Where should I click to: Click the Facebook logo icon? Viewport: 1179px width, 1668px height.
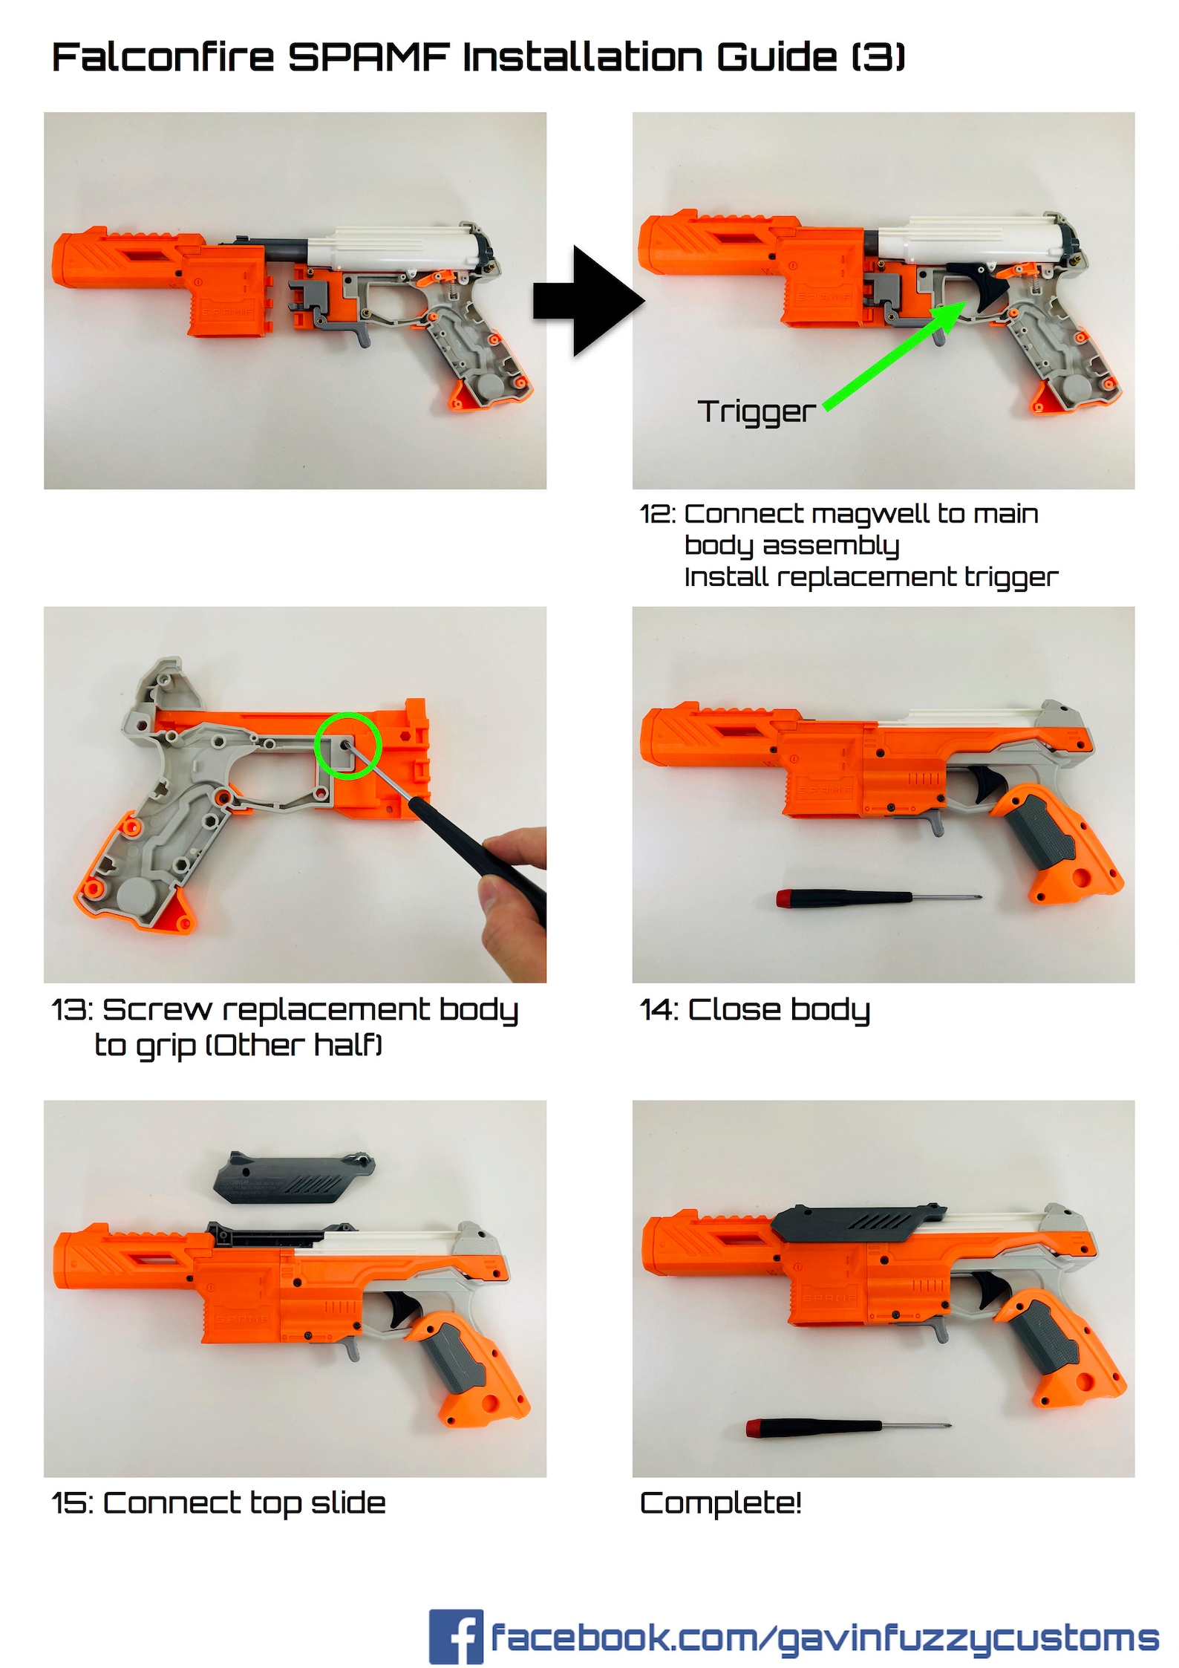[455, 1637]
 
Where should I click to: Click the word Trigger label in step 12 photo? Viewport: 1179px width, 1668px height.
[756, 411]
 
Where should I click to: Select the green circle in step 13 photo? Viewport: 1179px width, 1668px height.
[347, 746]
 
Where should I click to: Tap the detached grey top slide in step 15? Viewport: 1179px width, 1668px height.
[294, 1176]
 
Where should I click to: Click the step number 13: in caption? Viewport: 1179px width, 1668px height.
[72, 1010]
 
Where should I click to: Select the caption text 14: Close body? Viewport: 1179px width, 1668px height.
[754, 1010]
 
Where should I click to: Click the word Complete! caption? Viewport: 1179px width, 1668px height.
[720, 1503]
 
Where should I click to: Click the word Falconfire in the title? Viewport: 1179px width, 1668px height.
[163, 57]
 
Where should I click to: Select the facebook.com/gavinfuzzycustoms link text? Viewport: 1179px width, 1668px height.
[824, 1637]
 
